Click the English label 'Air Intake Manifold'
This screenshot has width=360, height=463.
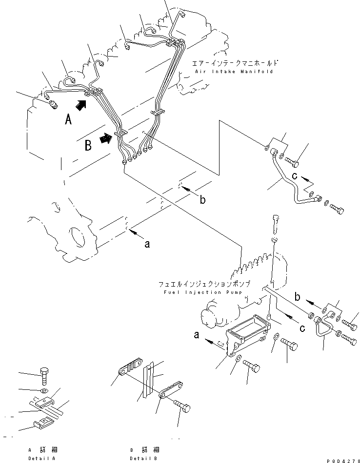pos(234,72)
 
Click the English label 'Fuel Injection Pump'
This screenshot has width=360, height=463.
pos(203,292)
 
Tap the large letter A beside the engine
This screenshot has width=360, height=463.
pos(68,119)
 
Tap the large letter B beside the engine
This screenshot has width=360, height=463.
pos(88,145)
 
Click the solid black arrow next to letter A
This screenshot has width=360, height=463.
pos(81,105)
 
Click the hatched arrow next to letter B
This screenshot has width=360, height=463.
pos(107,138)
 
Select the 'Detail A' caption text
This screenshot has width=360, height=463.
pos(41,459)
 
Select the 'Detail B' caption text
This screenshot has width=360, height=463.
pos(143,459)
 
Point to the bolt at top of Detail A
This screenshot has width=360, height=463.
pos(44,376)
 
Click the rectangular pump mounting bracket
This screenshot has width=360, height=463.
pos(248,335)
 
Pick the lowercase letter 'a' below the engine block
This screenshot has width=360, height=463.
pos(147,244)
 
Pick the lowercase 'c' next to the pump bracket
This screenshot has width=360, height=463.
pos(302,328)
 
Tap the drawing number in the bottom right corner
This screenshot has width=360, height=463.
pos(343,461)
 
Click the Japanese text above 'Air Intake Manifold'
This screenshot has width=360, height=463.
pos(235,63)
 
